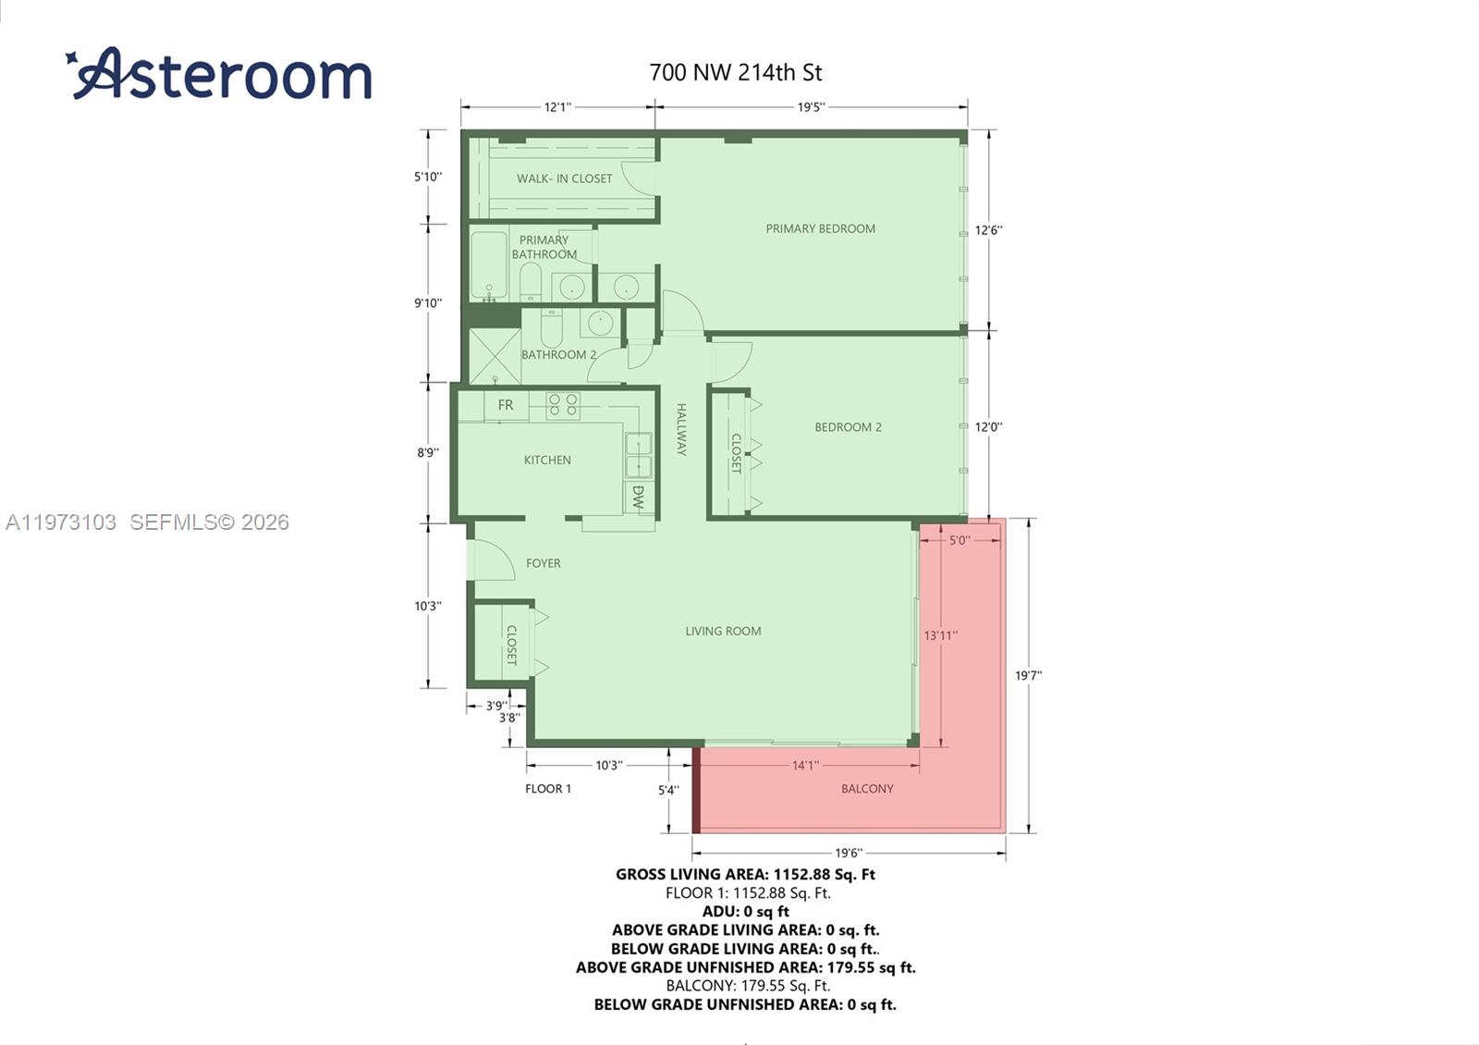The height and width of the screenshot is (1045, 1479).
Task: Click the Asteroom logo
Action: (218, 73)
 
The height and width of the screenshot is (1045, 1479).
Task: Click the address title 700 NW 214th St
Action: (736, 73)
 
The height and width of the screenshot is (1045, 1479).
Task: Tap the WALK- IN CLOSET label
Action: (564, 178)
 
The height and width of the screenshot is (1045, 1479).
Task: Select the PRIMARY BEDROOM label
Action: (820, 228)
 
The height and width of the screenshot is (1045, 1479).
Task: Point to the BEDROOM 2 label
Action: (848, 427)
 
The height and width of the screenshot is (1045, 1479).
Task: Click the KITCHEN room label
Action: (547, 460)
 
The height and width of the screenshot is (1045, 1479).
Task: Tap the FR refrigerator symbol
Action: (506, 405)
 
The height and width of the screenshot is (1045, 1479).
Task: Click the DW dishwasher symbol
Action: (638, 497)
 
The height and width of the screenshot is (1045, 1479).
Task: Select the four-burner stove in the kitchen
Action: (563, 406)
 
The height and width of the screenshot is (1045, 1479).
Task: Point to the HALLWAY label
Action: (681, 429)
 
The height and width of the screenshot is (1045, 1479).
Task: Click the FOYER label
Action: (543, 563)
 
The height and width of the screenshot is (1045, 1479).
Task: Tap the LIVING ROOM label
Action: (723, 631)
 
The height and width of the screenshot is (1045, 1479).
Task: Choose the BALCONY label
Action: (867, 789)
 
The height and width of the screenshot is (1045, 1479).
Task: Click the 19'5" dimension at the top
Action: (811, 107)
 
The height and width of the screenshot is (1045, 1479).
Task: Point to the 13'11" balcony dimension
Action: (940, 635)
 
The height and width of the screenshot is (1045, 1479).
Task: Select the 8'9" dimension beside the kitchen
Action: (428, 452)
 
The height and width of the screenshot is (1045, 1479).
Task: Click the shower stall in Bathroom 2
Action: (495, 356)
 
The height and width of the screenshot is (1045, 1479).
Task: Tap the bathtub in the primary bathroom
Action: (489, 264)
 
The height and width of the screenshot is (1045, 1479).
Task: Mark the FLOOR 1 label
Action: (548, 789)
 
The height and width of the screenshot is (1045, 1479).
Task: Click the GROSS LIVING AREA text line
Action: (745, 875)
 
